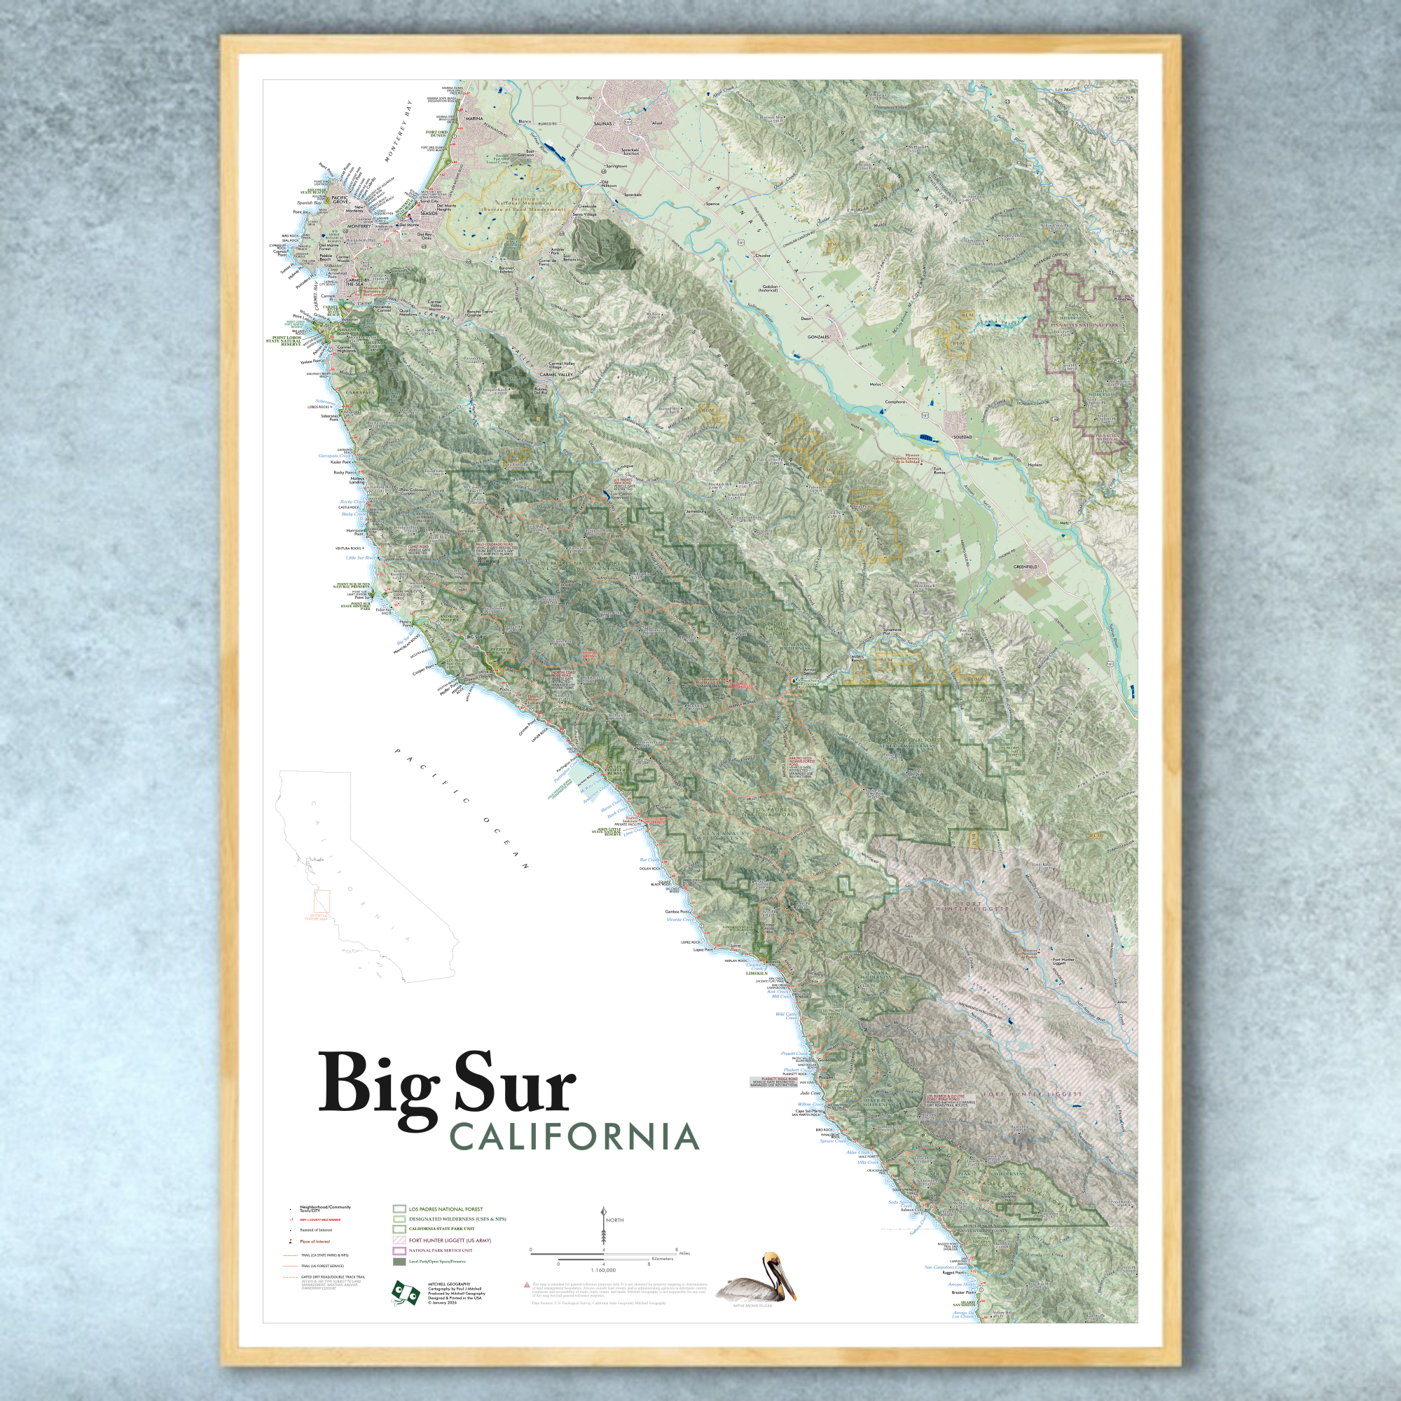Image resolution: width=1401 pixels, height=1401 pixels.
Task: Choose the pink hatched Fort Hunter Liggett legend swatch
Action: point(399,1240)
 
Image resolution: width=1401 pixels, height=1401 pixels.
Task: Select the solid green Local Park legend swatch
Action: point(399,1262)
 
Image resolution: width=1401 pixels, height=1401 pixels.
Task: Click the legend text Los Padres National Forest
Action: point(446,1210)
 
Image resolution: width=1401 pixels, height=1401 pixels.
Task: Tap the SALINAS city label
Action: point(602,124)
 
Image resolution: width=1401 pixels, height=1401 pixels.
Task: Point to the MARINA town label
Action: point(473,118)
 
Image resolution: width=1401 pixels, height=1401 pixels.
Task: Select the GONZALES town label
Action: point(817,337)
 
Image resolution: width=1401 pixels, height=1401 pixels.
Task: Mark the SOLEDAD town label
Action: point(962,437)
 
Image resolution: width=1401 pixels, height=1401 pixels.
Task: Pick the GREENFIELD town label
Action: point(1026,566)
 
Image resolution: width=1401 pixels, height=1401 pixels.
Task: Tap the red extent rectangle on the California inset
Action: point(322,902)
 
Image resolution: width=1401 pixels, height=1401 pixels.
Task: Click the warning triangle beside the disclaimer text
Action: point(527,1285)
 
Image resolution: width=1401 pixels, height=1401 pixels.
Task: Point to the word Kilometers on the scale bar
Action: point(662,1259)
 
